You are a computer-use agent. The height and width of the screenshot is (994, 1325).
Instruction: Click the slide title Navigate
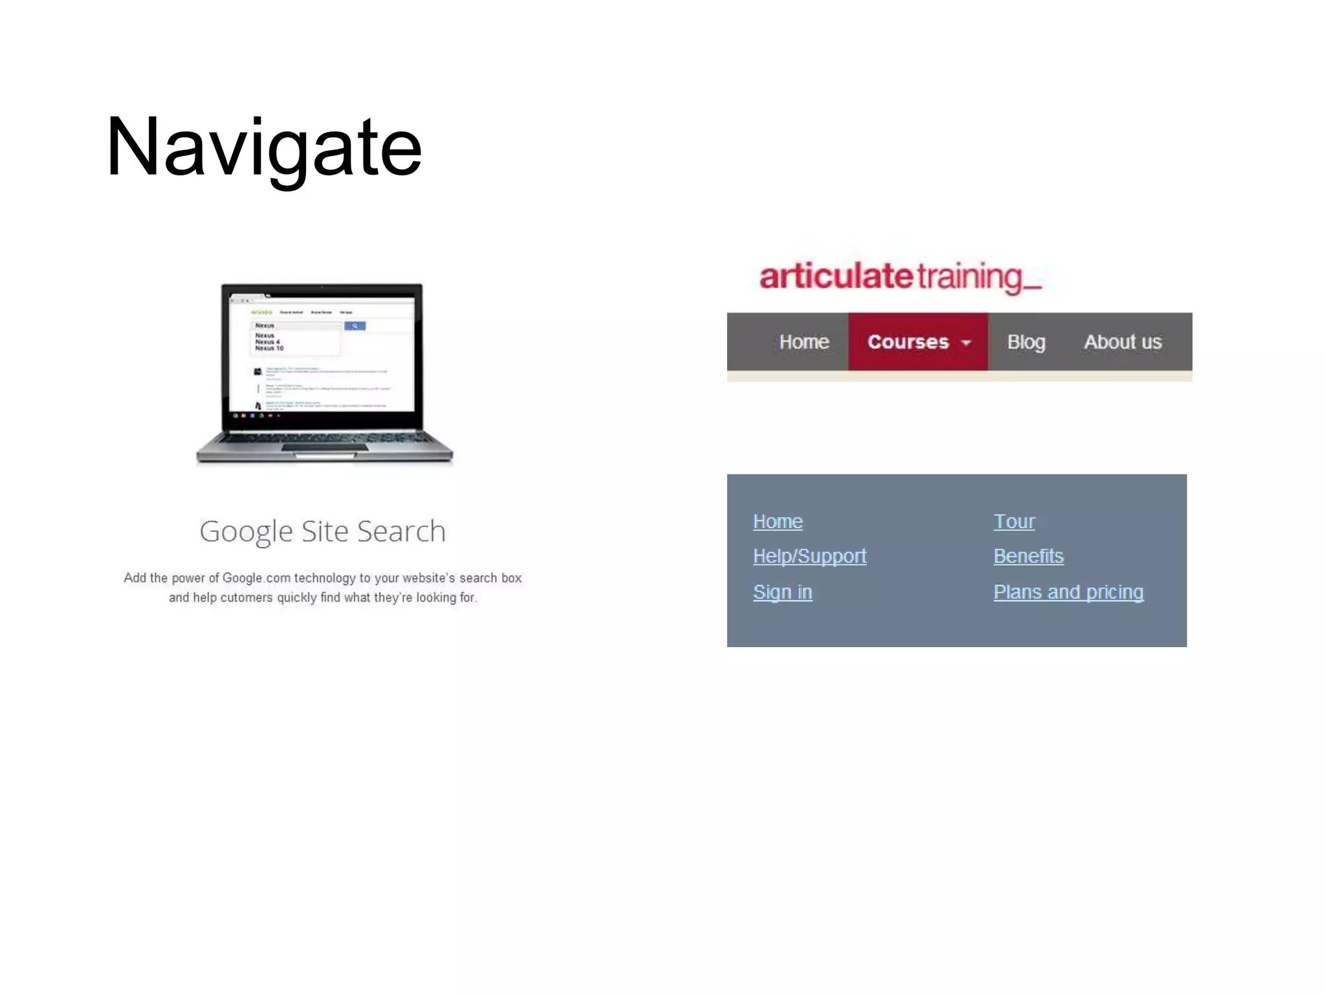[x=263, y=148]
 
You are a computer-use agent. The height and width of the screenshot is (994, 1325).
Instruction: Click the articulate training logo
[x=900, y=277]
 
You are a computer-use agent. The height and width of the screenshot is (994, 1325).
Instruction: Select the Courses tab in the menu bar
[x=908, y=342]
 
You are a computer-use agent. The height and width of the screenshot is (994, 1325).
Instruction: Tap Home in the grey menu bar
[x=804, y=342]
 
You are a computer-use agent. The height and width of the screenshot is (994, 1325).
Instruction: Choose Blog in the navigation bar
[x=1025, y=342]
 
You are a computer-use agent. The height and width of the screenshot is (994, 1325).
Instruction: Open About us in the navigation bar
[x=1122, y=342]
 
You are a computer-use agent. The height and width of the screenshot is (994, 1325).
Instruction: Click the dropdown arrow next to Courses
[x=966, y=343]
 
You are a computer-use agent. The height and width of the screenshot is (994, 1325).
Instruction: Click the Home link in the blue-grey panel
[x=778, y=522]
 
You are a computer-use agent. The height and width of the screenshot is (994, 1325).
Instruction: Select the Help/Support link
[x=809, y=557]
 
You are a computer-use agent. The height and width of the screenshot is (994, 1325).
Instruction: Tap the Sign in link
[x=782, y=592]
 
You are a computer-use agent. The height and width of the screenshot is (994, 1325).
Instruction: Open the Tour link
[x=1014, y=522]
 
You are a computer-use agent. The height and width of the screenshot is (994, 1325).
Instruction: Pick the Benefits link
[x=1028, y=557]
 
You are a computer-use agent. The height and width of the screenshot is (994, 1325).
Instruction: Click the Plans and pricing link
[x=1068, y=592]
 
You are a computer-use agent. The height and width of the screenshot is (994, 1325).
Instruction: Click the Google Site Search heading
[x=322, y=531]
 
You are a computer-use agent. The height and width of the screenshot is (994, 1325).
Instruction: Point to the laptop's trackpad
[x=323, y=448]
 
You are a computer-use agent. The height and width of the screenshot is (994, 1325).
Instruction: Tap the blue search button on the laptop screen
[x=355, y=326]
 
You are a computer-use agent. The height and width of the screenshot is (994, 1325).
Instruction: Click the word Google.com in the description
[x=257, y=578]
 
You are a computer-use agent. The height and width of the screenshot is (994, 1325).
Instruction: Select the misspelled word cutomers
[x=246, y=598]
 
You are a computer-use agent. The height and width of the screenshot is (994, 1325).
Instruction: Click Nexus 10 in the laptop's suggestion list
[x=269, y=349]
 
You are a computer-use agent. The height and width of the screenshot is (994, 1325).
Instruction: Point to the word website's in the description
[x=428, y=578]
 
